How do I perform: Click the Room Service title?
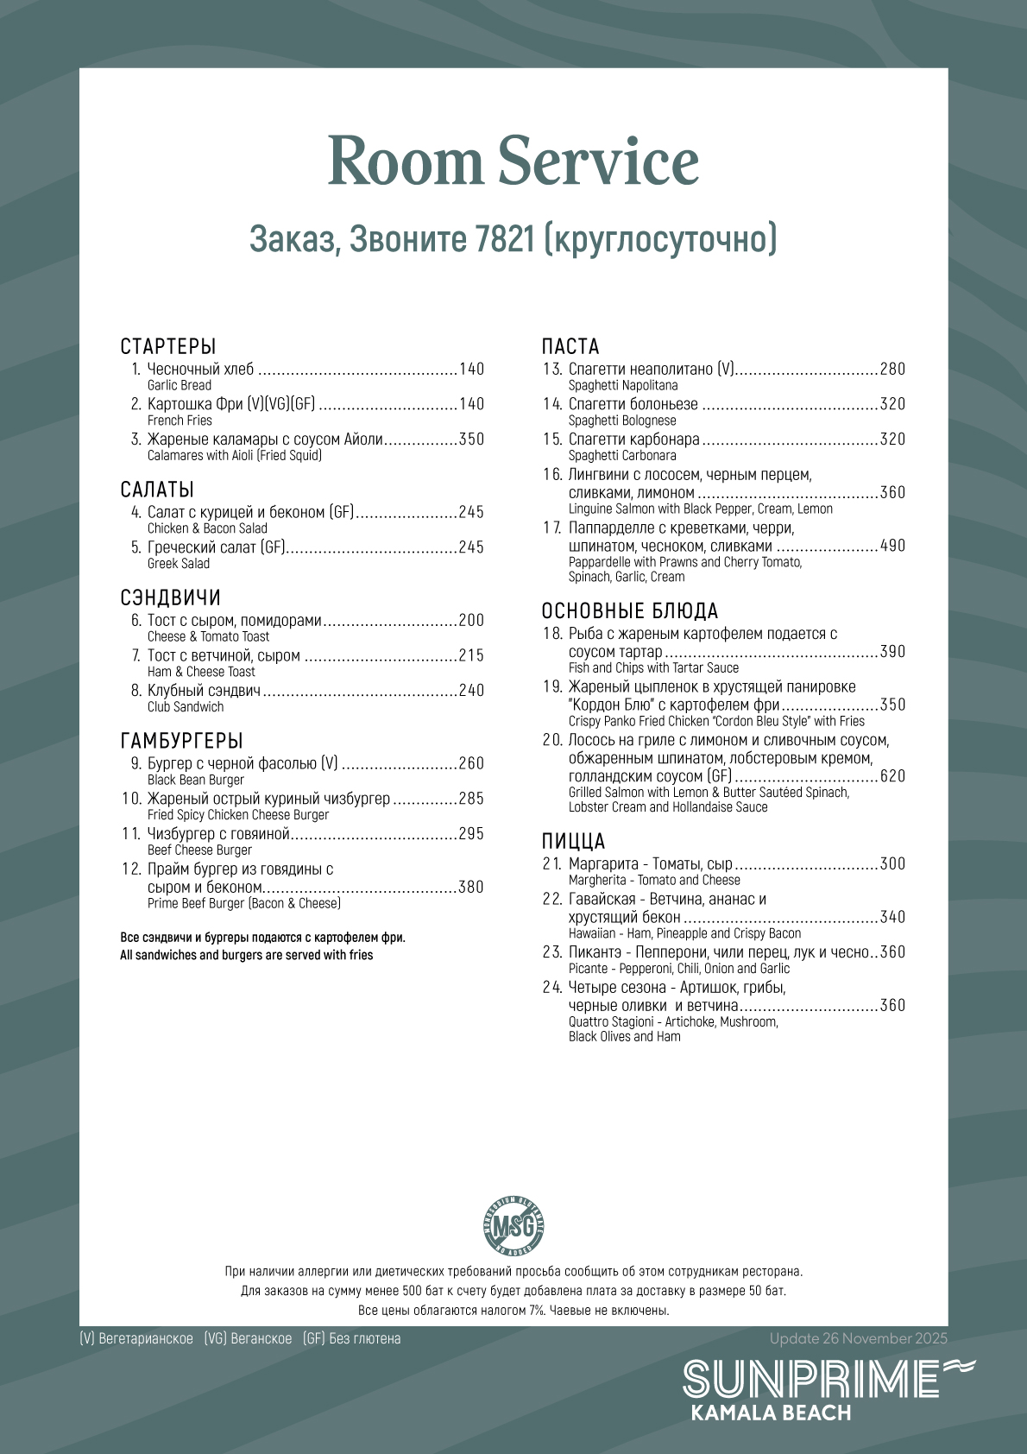click(x=513, y=161)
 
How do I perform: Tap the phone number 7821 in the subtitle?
click(x=505, y=239)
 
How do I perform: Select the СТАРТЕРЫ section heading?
click(x=168, y=347)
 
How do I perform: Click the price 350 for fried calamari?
click(x=471, y=439)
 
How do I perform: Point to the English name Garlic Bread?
click(x=180, y=386)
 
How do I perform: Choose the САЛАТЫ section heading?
click(x=157, y=490)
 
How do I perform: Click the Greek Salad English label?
click(x=179, y=564)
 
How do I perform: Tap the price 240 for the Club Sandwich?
click(x=471, y=691)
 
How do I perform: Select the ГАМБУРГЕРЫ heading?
click(x=182, y=741)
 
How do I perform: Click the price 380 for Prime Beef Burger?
click(x=471, y=888)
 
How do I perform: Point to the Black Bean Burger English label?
click(x=196, y=781)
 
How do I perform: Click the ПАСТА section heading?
click(x=570, y=347)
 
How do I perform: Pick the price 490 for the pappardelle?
click(x=892, y=546)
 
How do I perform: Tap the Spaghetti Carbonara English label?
click(x=622, y=456)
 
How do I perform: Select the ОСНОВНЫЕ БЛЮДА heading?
click(x=630, y=611)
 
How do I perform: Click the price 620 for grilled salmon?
click(x=892, y=776)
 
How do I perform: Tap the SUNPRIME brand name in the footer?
click(x=811, y=1379)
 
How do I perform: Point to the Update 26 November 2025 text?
click(x=859, y=1339)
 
